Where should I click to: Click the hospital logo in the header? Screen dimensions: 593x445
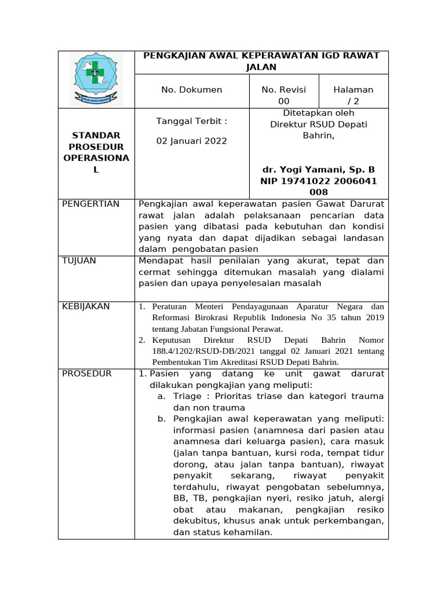click(96, 79)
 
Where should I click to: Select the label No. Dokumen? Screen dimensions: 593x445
click(191, 90)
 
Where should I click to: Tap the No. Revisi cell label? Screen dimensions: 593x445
click(284, 90)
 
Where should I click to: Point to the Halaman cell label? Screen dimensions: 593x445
click(353, 90)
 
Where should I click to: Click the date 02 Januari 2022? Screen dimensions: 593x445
click(192, 141)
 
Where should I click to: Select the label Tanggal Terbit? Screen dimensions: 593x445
click(192, 121)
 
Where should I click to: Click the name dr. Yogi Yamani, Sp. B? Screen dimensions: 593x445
click(319, 170)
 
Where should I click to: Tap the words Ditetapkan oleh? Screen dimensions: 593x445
click(318, 113)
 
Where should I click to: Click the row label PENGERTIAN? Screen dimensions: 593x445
click(91, 204)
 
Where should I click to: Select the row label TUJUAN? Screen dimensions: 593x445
click(79, 261)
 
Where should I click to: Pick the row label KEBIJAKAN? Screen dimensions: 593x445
click(86, 306)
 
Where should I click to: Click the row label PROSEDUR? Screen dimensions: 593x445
click(87, 374)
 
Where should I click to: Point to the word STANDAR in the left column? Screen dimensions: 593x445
click(96, 135)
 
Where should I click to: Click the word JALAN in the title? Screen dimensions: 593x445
click(260, 67)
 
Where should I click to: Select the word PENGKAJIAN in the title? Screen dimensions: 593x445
click(171, 56)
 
